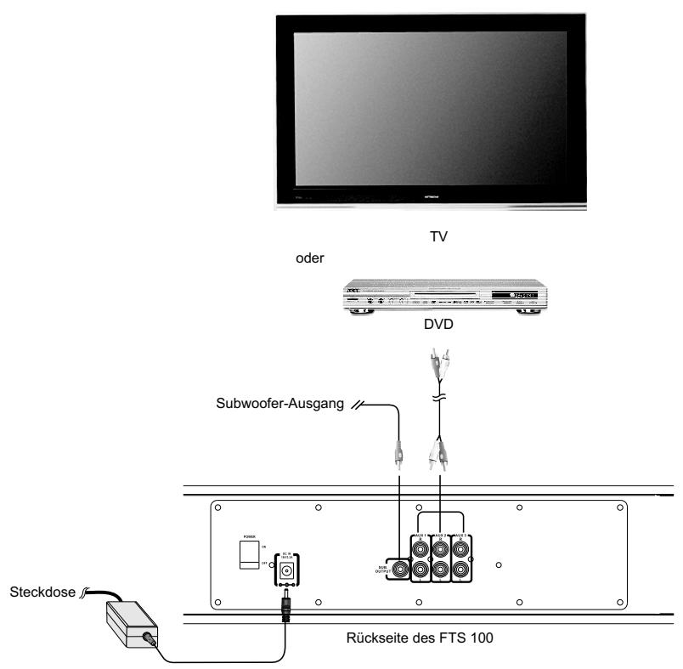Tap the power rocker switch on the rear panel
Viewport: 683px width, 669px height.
pyautogui.click(x=249, y=553)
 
